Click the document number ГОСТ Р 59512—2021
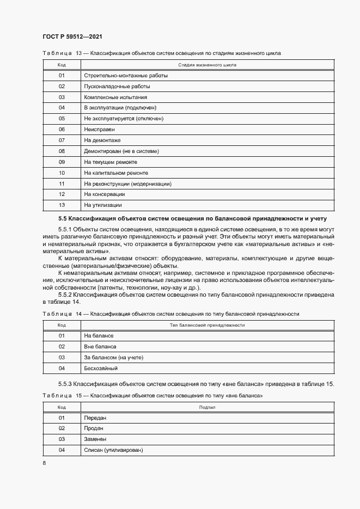72,37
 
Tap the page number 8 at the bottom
44,463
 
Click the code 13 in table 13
62,205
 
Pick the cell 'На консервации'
105,194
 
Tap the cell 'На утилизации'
103,205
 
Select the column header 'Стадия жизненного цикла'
207,65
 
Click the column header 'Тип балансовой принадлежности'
207,325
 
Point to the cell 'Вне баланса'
100,346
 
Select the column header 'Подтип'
207,407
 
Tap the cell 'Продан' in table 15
94,428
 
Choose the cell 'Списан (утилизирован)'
113,450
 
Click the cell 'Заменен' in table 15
95,439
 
